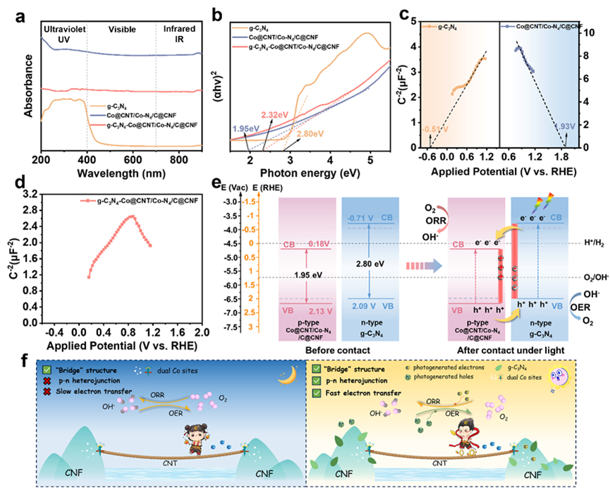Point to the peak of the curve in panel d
click(x=130, y=217)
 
